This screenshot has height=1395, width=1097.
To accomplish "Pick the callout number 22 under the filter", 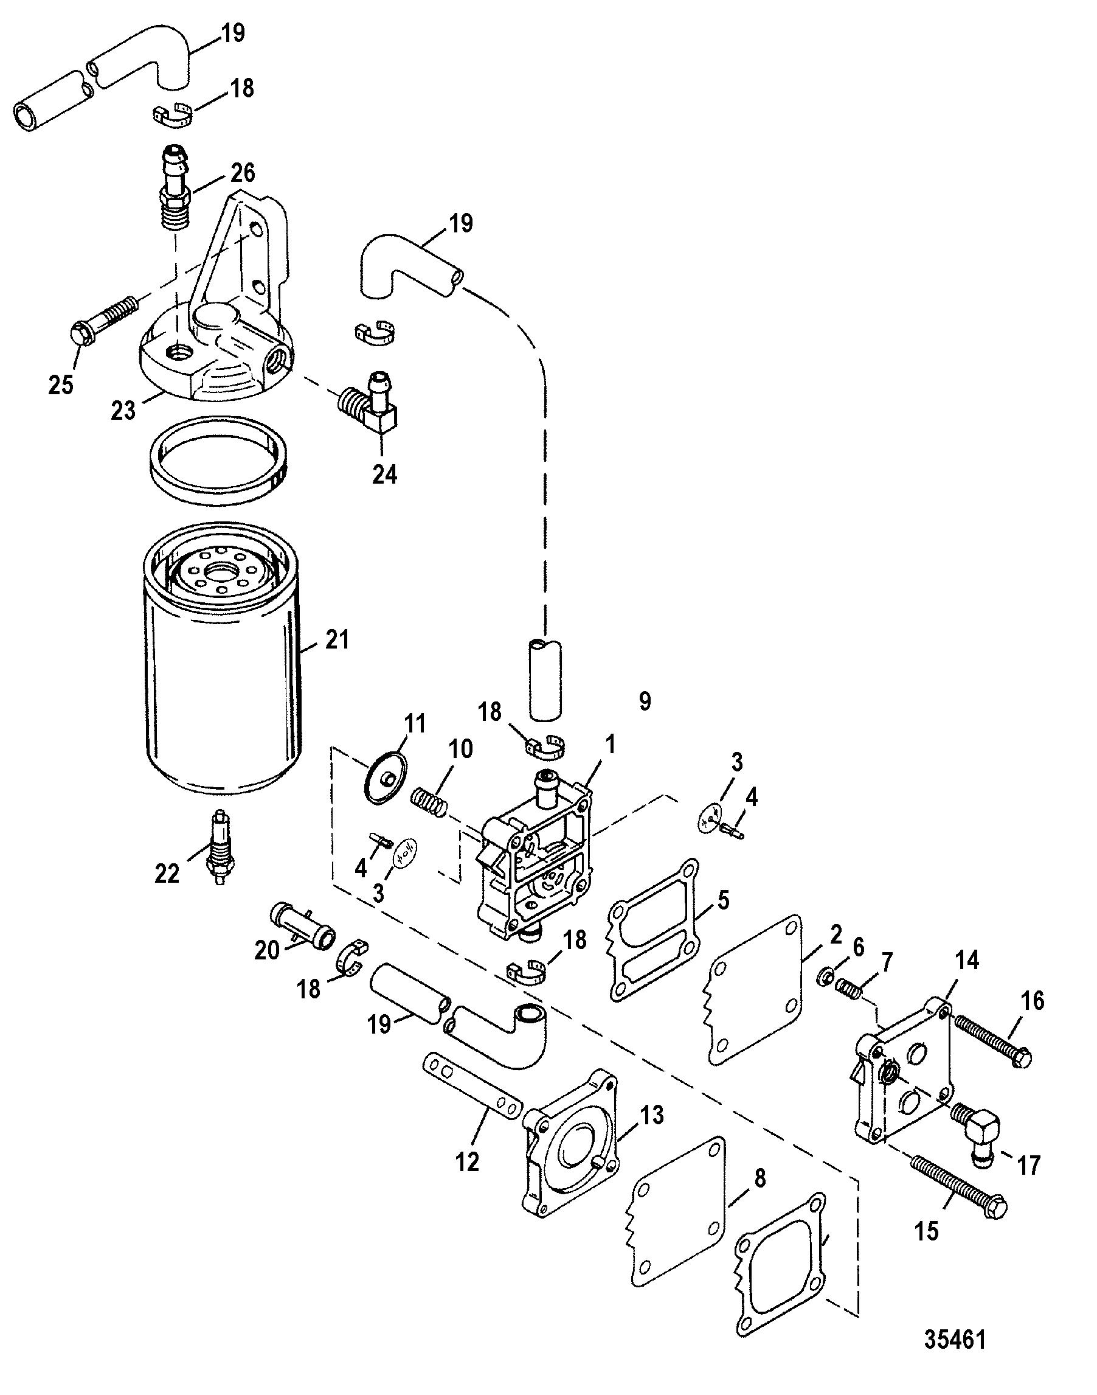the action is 167,873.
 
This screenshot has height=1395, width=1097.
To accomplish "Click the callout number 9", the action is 645,700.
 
